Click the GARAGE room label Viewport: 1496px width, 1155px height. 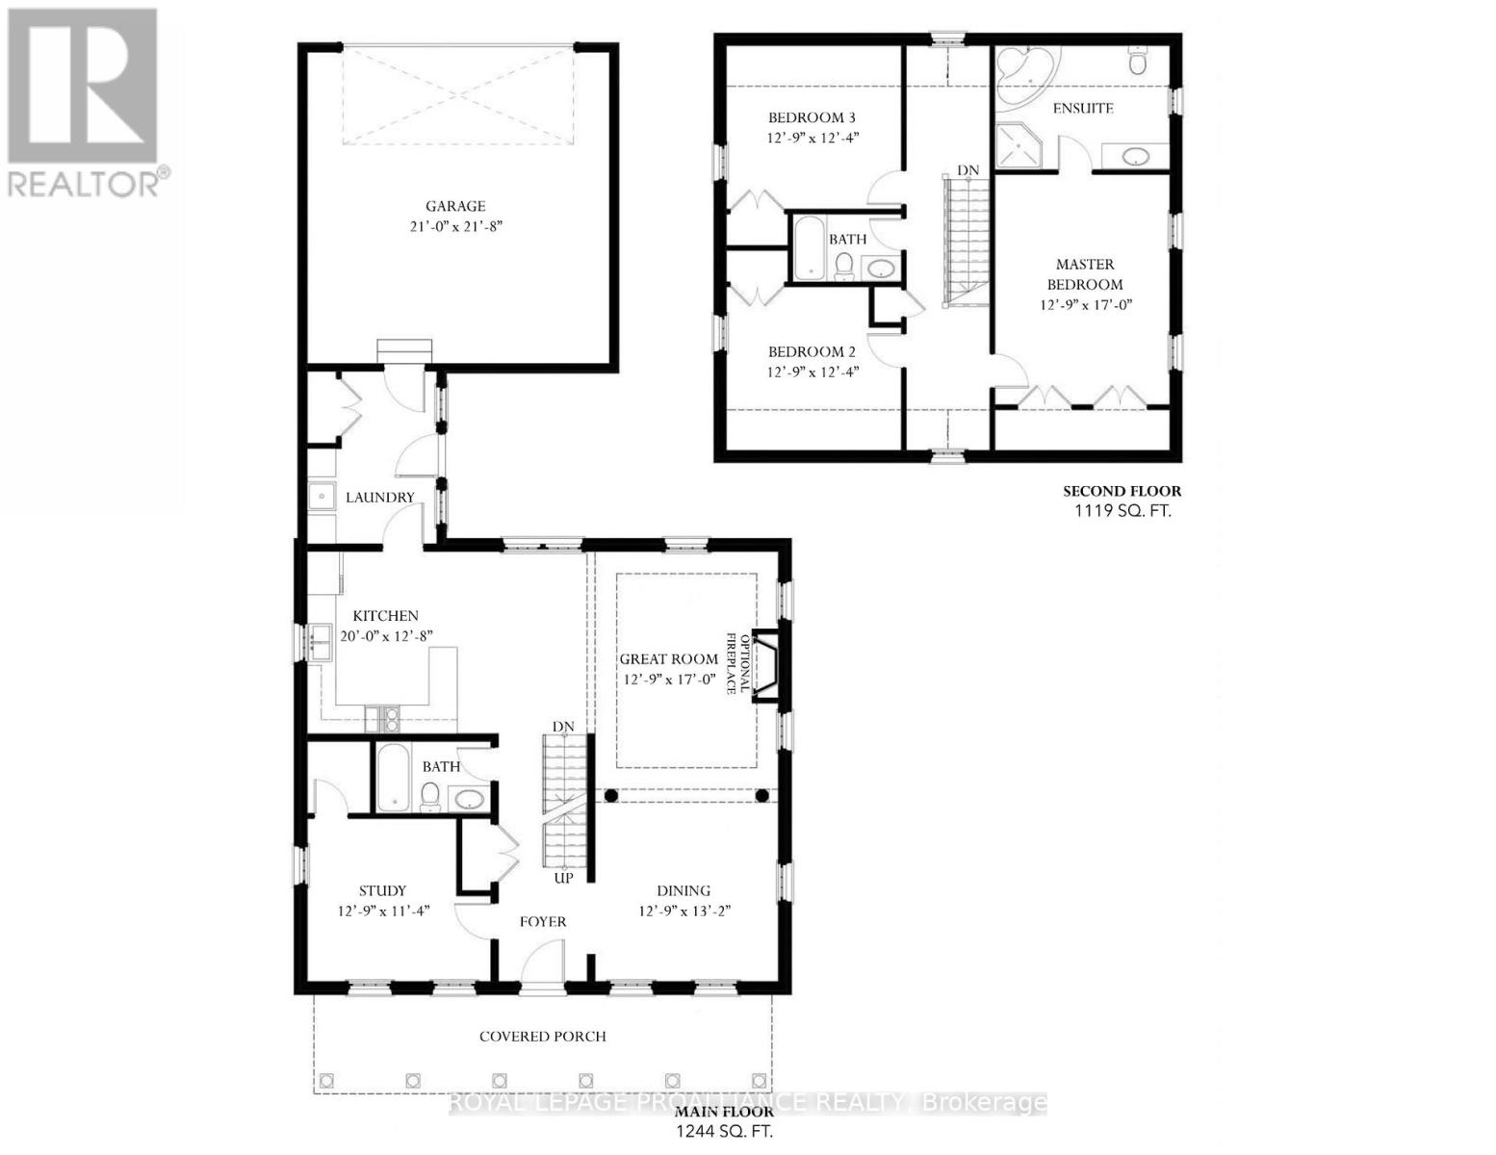tap(455, 206)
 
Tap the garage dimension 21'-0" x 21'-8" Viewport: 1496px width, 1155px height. tap(455, 227)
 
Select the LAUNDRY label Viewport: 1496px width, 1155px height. tap(380, 498)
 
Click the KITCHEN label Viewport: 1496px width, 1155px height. tap(385, 616)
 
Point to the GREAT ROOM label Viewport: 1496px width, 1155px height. tap(668, 659)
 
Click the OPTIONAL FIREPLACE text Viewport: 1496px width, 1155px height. tap(736, 663)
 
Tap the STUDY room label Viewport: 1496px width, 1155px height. tap(382, 890)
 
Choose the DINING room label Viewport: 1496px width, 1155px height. tap(684, 890)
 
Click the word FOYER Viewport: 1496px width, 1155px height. tap(543, 921)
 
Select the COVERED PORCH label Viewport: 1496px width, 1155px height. tap(543, 1037)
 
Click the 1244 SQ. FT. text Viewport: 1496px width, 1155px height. tap(724, 1131)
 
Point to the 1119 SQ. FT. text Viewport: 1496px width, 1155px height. tap(1122, 511)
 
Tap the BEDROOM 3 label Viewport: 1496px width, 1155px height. tap(812, 117)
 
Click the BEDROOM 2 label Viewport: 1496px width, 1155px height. tap(812, 352)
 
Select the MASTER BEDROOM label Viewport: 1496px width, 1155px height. tap(1085, 274)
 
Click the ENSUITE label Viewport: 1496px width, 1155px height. tap(1083, 108)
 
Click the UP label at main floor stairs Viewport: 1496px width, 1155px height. tap(563, 879)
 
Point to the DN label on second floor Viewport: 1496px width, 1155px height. tap(967, 170)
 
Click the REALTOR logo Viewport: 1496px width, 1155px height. tap(83, 101)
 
